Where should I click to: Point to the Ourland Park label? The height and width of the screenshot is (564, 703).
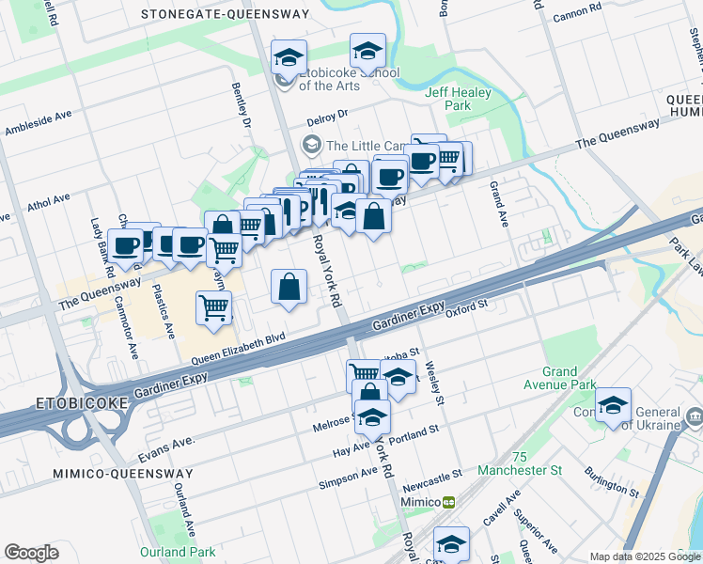pos(178,552)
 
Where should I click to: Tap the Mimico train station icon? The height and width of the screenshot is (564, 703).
pos(449,502)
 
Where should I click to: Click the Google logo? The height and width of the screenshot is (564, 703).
pos(31,553)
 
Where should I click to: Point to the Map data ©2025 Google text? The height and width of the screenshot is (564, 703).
pos(645,556)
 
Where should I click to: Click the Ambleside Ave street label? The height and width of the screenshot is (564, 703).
pos(39,123)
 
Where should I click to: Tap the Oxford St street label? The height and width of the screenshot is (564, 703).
pos(468,305)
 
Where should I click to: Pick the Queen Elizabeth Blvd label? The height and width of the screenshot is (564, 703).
pos(238,349)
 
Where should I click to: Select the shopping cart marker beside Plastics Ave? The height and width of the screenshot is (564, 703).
pos(214,307)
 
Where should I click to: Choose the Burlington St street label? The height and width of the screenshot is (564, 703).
pos(612,481)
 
